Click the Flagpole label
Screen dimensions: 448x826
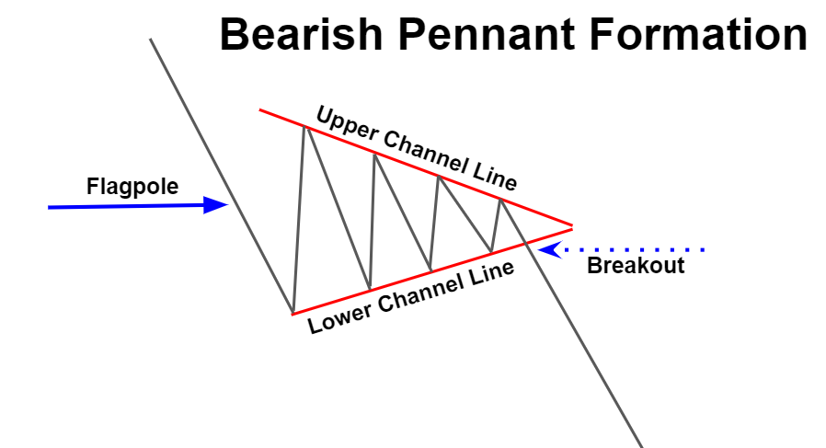tap(132, 187)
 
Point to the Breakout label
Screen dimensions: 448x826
tap(636, 266)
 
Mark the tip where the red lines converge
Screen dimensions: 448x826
tap(572, 225)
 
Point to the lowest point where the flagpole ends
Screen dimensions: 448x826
tap(293, 312)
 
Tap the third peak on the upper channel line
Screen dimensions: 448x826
tap(439, 176)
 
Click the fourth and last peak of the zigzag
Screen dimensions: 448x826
tap(500, 199)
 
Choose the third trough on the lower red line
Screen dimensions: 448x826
tap(430, 270)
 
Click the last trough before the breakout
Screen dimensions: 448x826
tap(491, 251)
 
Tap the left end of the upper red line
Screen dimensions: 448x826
tap(260, 109)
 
